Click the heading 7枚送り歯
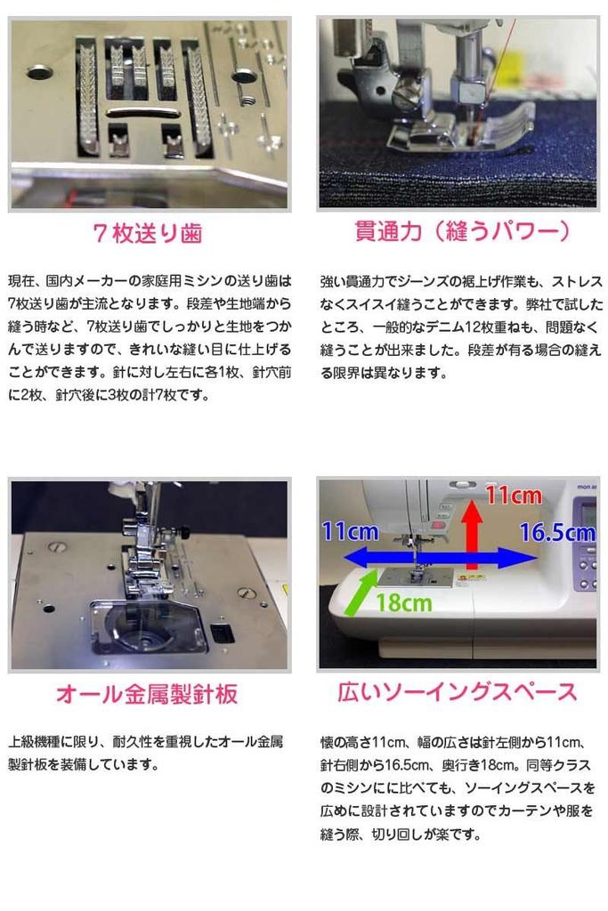(149, 234)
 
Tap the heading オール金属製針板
(148, 693)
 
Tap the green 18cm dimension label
(402, 602)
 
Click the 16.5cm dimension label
(557, 533)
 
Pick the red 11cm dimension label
(513, 496)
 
